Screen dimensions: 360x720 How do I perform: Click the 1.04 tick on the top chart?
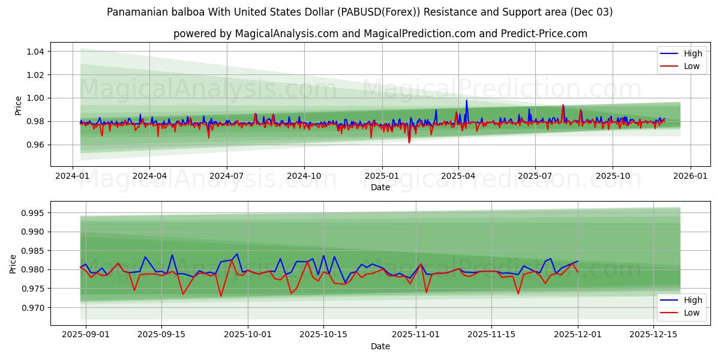(35, 52)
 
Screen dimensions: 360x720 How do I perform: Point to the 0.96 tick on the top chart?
(35, 145)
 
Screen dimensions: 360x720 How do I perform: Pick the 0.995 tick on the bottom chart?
(32, 213)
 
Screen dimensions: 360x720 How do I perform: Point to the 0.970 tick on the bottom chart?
(32, 308)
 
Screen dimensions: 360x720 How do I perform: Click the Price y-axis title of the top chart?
(18, 105)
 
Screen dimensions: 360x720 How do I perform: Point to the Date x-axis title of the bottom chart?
(380, 346)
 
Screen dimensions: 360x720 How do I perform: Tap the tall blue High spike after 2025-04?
(466, 101)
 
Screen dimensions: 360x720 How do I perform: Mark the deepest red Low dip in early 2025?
(409, 142)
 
